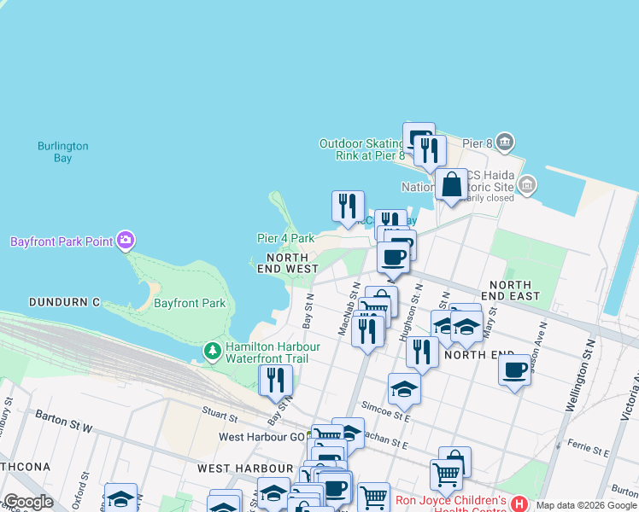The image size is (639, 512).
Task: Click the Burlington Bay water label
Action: pyautogui.click(x=62, y=152)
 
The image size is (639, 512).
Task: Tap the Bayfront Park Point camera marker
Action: pyautogui.click(x=126, y=241)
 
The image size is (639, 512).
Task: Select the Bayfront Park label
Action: pyautogui.click(x=190, y=303)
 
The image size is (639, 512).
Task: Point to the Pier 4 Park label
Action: pyautogui.click(x=285, y=239)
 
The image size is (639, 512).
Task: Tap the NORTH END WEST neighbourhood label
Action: pyautogui.click(x=288, y=263)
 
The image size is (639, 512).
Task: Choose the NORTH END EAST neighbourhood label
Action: pyautogui.click(x=510, y=290)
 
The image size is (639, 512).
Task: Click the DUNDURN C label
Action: pyautogui.click(x=64, y=302)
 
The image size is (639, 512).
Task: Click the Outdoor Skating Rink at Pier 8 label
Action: pyautogui.click(x=361, y=149)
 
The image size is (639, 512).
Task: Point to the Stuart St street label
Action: pyautogui.click(x=220, y=415)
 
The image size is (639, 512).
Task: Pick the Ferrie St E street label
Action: pyautogui.click(x=585, y=445)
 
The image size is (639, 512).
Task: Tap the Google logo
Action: pyautogui.click(x=28, y=502)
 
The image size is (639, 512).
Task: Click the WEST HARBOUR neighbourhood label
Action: pyautogui.click(x=245, y=468)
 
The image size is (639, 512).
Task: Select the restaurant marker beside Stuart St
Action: pyautogui.click(x=275, y=379)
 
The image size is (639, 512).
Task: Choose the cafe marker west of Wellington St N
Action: pyautogui.click(x=514, y=370)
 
